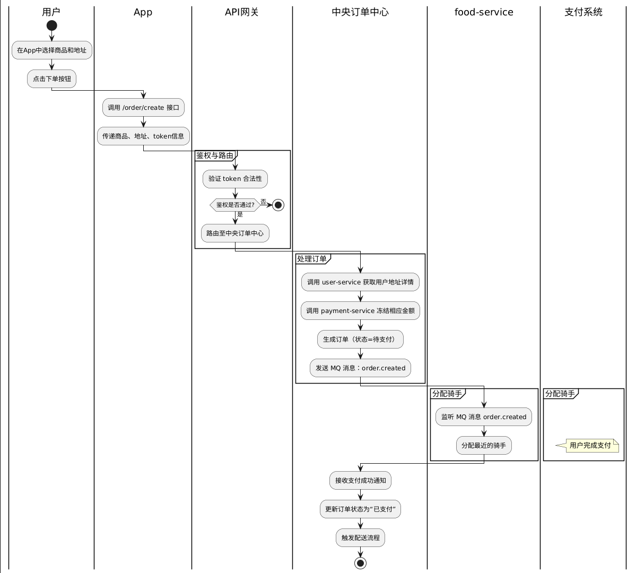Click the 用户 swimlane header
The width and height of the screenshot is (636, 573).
(51, 12)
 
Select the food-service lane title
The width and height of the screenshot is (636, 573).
(484, 12)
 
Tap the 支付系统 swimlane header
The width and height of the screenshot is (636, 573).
(583, 12)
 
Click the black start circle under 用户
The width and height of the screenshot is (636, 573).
(51, 25)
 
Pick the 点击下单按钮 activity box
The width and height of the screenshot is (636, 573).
(51, 79)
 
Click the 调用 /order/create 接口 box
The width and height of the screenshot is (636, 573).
(143, 108)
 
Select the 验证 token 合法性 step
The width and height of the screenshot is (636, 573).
(235, 179)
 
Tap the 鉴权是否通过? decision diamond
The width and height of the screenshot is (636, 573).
(235, 205)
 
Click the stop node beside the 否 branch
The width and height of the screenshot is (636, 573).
(278, 205)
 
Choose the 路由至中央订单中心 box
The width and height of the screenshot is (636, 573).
(235, 233)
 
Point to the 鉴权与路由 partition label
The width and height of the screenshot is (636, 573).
(215, 155)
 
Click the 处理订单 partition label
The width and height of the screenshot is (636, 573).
(312, 259)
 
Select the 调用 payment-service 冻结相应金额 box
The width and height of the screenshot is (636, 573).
(360, 311)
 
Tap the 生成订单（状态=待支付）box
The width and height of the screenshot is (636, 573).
(360, 340)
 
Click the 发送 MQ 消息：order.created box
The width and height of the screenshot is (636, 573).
(360, 368)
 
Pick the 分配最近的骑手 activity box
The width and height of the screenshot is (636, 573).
(484, 446)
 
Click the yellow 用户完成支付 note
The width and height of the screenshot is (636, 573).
(590, 446)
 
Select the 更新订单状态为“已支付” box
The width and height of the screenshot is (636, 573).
(360, 509)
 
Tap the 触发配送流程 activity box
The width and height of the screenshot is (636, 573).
(360, 538)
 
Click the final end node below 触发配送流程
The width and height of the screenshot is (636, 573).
(360, 563)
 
